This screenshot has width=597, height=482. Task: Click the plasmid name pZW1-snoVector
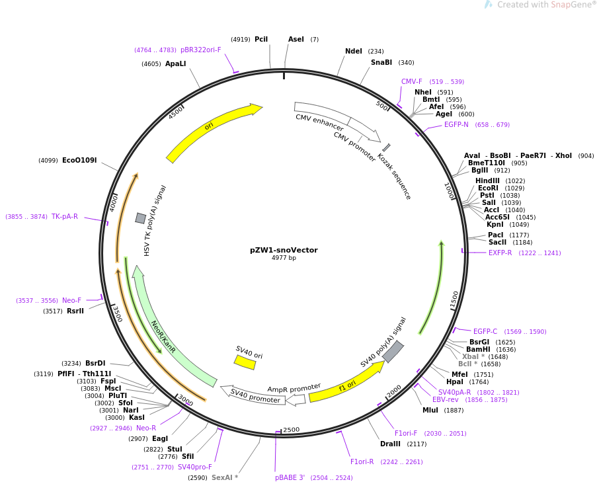click(x=284, y=250)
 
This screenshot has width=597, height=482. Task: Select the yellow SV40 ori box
click(x=245, y=362)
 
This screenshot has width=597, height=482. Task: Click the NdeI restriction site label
click(x=354, y=51)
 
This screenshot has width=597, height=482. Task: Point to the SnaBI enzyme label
click(x=381, y=63)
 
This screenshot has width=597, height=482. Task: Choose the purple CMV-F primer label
click(x=411, y=82)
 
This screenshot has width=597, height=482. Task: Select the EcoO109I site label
click(x=79, y=160)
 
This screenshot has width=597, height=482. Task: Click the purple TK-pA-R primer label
click(x=65, y=217)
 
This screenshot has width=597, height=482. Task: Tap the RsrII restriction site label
click(x=75, y=311)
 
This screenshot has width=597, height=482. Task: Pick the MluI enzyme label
click(x=430, y=410)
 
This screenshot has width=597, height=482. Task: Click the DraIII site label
click(x=390, y=444)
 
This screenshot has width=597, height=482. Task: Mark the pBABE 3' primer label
click(x=290, y=477)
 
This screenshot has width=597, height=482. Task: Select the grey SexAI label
click(x=225, y=477)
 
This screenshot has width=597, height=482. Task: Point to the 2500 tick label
click(x=291, y=430)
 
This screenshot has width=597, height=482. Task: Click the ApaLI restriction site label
click(x=176, y=63)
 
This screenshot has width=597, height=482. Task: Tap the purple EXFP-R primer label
click(x=500, y=253)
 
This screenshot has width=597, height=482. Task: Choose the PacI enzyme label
click(x=496, y=235)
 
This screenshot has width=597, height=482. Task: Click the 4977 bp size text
click(x=284, y=258)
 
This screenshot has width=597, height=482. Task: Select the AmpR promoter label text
click(x=294, y=387)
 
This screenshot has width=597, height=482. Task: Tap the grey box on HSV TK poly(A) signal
click(x=141, y=218)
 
